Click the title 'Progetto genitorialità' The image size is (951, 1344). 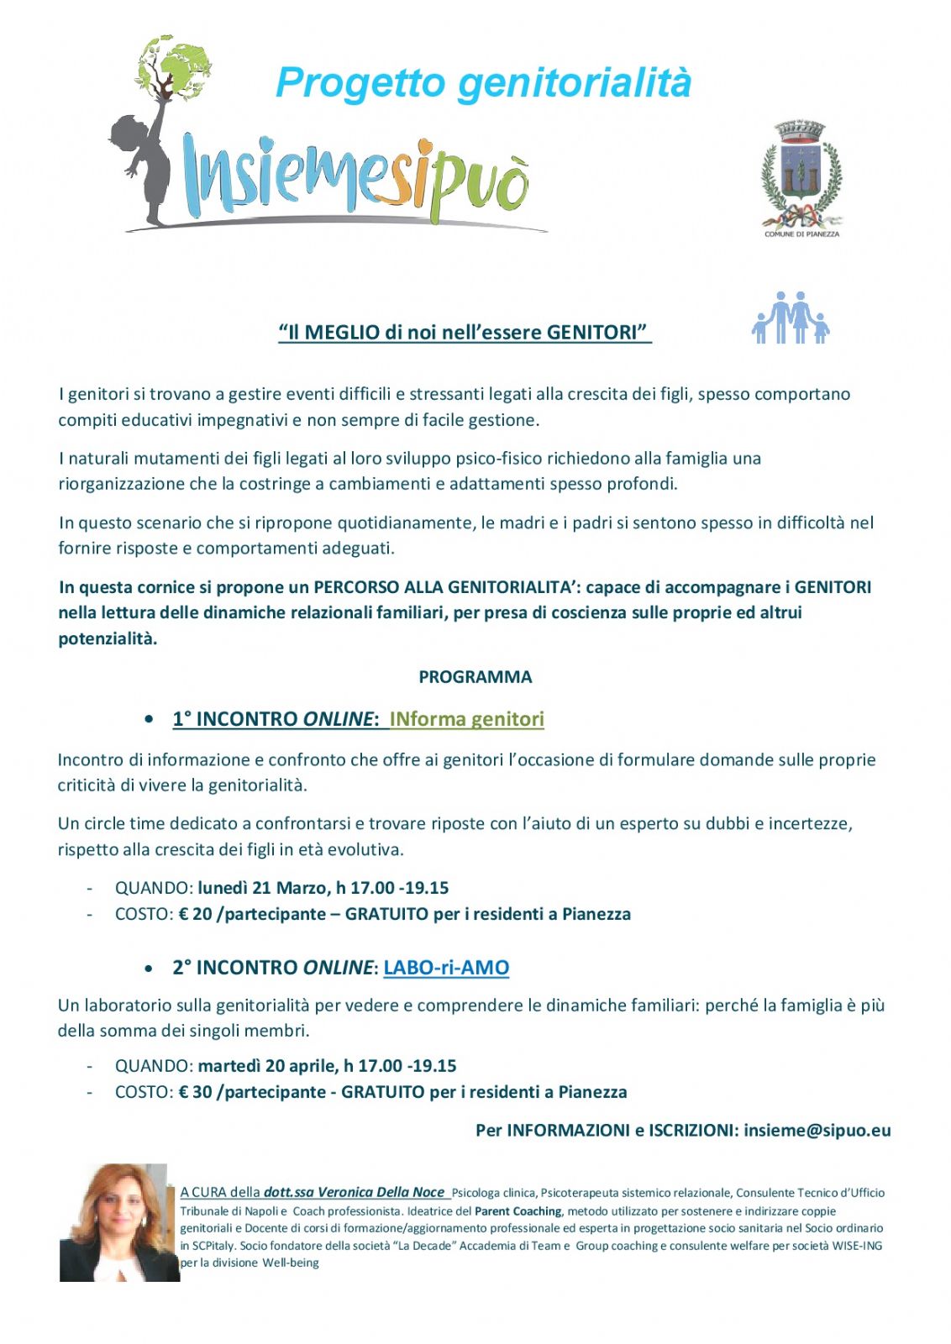click(x=483, y=83)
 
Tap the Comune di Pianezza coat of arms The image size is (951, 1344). click(x=801, y=173)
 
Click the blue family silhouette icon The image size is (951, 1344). click(x=791, y=318)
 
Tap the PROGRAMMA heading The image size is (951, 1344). click(x=475, y=677)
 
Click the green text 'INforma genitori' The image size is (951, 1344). click(x=466, y=719)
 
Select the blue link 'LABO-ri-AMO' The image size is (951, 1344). click(x=446, y=968)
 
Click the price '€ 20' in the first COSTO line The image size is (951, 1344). click(x=196, y=914)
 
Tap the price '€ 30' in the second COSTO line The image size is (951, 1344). click(x=196, y=1092)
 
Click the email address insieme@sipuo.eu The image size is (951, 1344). click(x=817, y=1131)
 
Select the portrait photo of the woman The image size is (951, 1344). click(x=118, y=1222)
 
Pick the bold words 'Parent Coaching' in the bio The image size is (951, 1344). click(x=518, y=1211)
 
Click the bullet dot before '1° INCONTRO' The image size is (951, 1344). click(x=149, y=719)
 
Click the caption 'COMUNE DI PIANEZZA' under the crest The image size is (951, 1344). click(x=801, y=234)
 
